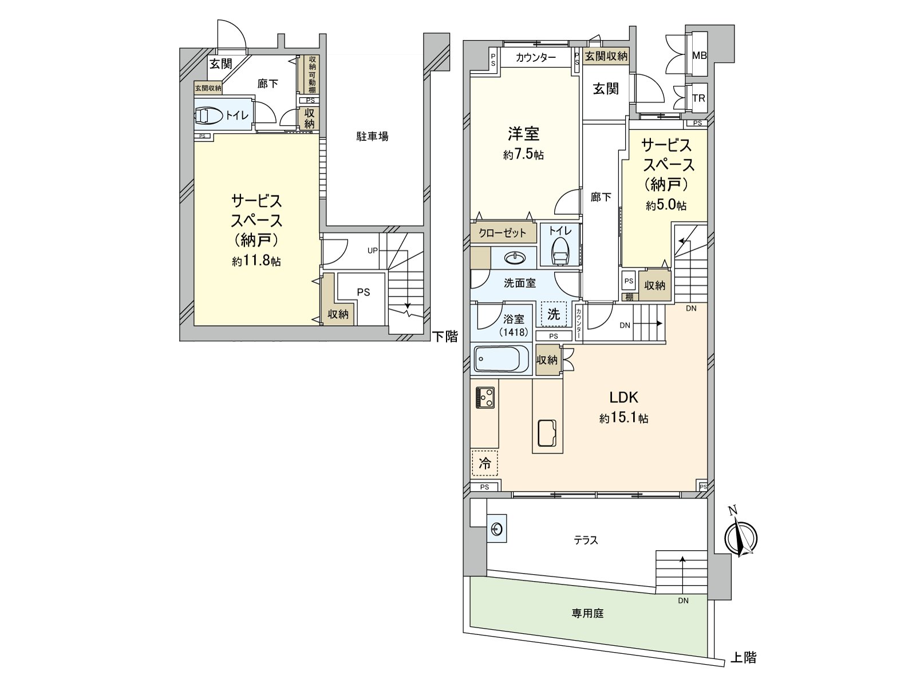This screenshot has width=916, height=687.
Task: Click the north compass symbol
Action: (741, 537)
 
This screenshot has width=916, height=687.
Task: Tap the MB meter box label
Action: (700, 56)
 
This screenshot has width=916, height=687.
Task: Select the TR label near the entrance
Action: (698, 98)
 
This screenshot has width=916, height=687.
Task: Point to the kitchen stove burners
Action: (485, 397)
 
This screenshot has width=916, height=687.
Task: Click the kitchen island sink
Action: (547, 433)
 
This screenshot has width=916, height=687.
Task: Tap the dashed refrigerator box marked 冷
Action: (484, 463)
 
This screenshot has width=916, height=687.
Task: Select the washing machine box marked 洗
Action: (554, 314)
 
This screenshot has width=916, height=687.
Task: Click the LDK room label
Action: (623, 397)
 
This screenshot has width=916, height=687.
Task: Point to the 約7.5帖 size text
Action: (524, 155)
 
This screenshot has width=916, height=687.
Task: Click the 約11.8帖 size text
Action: (256, 261)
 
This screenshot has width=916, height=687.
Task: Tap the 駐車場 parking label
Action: (372, 136)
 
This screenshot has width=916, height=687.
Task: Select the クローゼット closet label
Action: (502, 232)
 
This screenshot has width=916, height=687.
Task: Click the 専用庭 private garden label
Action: (587, 613)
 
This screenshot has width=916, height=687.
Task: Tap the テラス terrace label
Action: (586, 540)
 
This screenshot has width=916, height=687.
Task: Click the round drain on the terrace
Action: (497, 530)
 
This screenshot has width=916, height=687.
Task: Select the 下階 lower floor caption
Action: (445, 337)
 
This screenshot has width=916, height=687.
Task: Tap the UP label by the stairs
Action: (373, 250)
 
